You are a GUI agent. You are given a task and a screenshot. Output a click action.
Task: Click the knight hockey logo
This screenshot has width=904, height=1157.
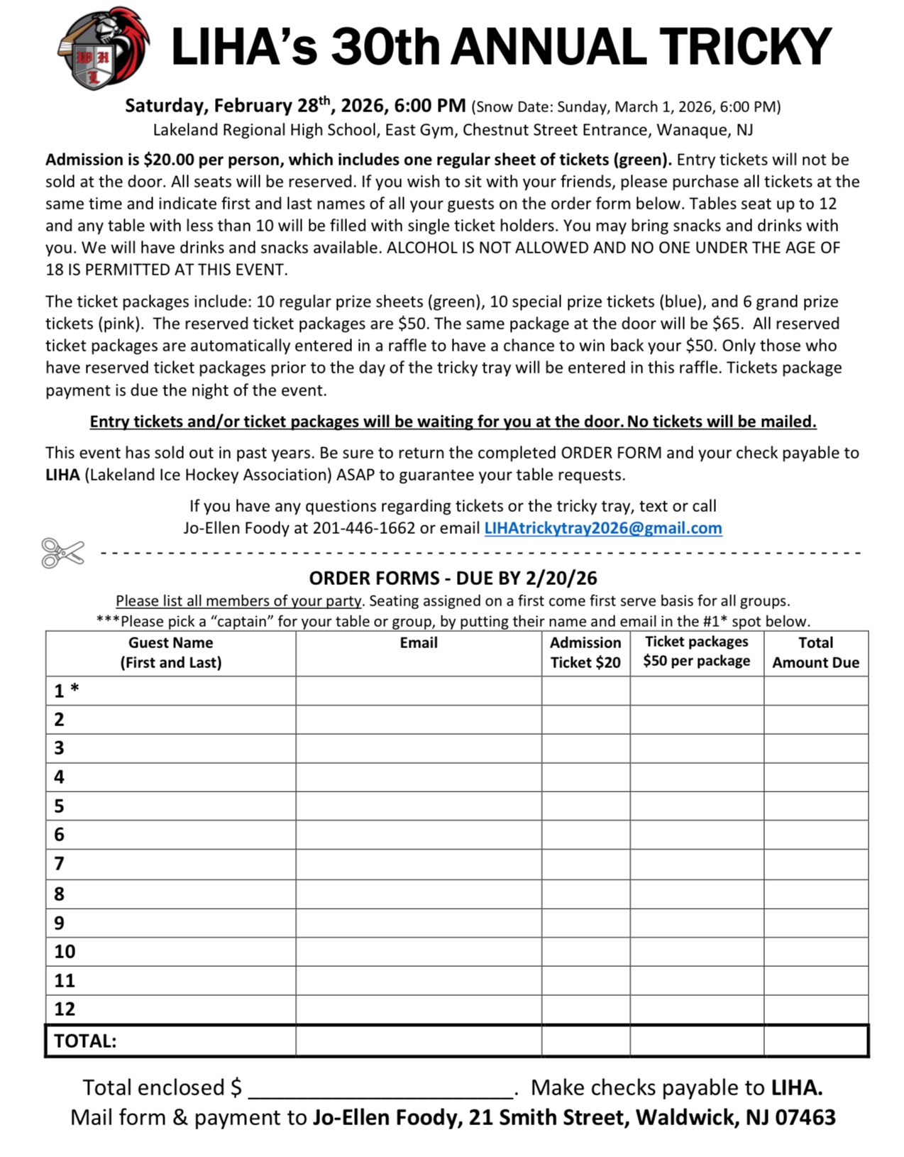103,48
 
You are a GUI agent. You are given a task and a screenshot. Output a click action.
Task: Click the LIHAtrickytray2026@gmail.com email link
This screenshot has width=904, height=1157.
602,528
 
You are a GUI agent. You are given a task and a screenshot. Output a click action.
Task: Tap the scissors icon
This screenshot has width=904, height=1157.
62,553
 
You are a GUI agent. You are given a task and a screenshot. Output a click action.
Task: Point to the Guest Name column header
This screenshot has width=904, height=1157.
170,652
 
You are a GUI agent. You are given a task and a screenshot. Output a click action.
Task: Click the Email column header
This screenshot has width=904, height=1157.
419,643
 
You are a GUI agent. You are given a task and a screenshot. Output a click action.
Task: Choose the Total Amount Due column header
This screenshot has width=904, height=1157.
815,652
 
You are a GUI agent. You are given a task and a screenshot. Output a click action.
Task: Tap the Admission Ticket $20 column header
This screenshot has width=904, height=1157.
585,652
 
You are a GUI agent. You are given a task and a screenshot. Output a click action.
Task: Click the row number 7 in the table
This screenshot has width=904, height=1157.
59,864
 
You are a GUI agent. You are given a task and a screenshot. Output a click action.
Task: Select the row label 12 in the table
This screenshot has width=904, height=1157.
65,1009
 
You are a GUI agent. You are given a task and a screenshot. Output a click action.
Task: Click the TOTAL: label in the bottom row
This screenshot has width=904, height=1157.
85,1041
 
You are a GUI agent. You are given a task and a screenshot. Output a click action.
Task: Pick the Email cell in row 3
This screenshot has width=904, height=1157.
419,748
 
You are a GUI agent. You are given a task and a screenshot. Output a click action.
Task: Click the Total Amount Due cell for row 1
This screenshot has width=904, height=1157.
816,691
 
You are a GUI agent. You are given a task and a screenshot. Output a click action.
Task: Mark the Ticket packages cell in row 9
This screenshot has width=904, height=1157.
697,923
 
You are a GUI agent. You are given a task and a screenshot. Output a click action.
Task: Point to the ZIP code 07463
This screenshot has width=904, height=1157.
805,1118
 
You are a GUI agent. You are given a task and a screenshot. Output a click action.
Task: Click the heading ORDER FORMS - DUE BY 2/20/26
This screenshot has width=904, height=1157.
453,578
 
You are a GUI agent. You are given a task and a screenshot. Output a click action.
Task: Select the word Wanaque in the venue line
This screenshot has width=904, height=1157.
685,130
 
